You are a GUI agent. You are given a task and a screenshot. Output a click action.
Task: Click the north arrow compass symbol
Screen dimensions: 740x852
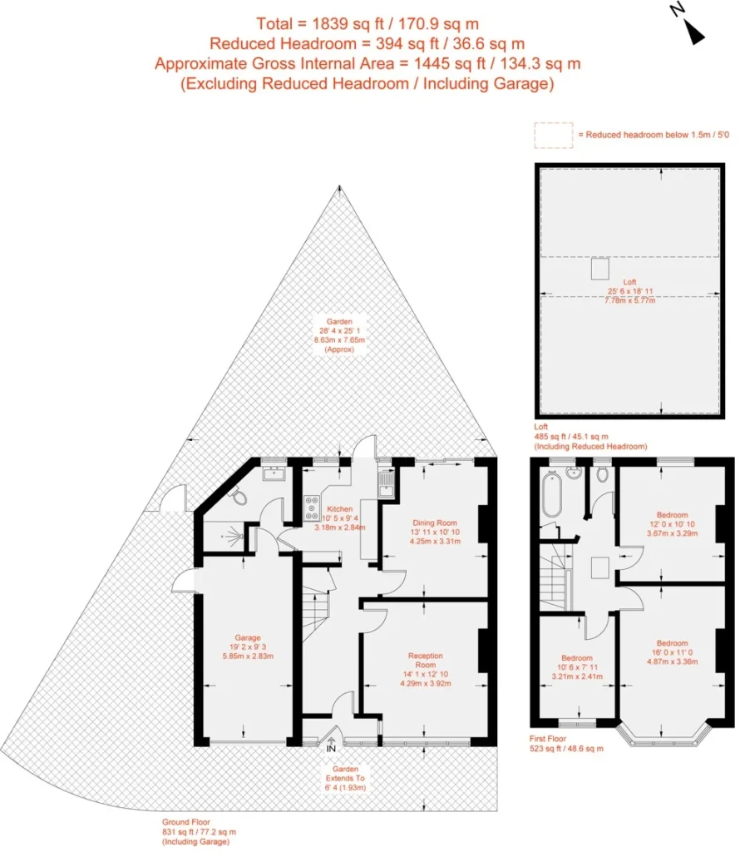(688, 24)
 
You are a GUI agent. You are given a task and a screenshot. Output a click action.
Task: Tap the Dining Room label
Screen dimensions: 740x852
(435, 523)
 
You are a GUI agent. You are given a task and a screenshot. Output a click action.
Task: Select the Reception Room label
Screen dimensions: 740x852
(426, 660)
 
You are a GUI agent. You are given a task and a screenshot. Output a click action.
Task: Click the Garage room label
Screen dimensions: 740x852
(248, 637)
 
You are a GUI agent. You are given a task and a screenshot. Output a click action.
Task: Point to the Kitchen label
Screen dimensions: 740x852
(340, 509)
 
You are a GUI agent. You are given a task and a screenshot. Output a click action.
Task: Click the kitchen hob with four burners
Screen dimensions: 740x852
(312, 508)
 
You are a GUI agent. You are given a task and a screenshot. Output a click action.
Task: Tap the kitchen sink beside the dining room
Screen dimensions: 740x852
(386, 484)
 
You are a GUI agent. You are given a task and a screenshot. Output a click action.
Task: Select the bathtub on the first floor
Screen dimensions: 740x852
(551, 494)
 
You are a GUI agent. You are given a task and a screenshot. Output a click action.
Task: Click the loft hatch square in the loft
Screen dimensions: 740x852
(600, 269)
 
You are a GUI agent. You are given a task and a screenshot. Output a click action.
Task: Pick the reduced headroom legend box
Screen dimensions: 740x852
(553, 135)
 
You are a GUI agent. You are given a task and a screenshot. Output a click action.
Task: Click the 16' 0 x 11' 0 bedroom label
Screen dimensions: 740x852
(672, 652)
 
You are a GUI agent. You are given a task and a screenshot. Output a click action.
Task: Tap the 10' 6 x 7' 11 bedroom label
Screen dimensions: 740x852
(577, 666)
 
